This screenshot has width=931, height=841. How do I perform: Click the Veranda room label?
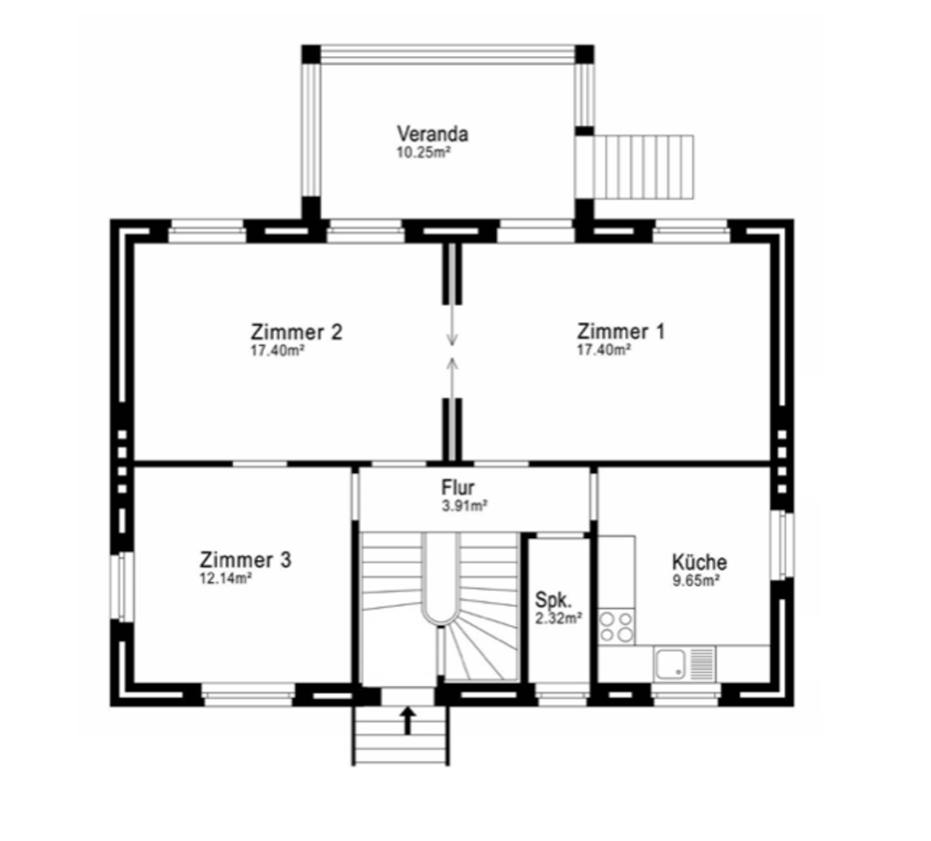432,134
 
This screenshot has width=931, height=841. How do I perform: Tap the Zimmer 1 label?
621,331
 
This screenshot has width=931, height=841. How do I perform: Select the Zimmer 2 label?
296,331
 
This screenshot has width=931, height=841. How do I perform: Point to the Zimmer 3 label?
245,560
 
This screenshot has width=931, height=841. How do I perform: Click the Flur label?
458,488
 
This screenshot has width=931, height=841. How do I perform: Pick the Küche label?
699,562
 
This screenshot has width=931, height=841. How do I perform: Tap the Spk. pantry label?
553,599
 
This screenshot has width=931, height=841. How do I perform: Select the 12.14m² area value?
225,578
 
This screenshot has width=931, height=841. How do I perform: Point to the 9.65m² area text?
695,580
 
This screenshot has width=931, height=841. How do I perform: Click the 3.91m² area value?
465,506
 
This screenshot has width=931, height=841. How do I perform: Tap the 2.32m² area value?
558,619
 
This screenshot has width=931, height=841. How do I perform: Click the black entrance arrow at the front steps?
408,720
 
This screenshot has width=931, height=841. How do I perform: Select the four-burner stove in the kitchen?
616,627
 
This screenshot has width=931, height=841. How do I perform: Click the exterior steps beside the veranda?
644,167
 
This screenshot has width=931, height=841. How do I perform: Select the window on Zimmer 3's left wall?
122,587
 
